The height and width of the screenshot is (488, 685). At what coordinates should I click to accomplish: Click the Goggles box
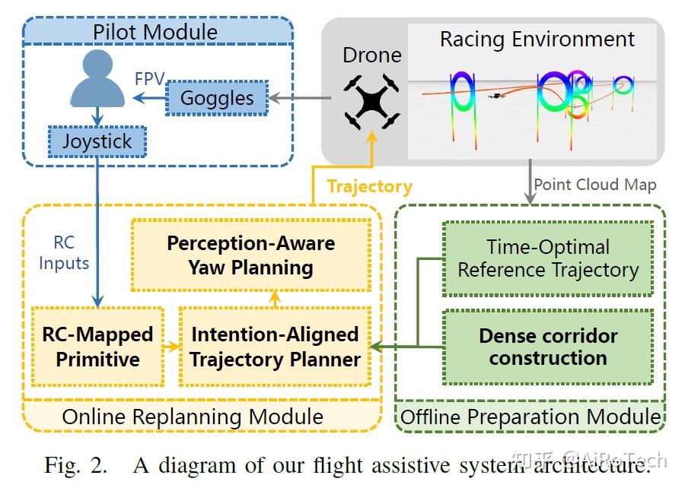(217, 99)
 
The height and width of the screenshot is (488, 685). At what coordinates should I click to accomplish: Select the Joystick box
(97, 142)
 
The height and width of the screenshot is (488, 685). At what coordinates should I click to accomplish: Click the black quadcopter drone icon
(371, 100)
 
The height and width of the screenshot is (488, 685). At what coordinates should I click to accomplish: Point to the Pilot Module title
(155, 32)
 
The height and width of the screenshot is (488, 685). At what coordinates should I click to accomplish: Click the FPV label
(150, 79)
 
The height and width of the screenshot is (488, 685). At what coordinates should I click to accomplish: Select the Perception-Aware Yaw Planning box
(250, 255)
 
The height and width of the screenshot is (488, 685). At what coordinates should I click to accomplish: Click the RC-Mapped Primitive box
(97, 347)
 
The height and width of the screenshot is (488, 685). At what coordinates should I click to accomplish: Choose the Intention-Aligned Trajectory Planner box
(275, 347)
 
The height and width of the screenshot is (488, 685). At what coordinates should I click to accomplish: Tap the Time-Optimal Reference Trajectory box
(548, 259)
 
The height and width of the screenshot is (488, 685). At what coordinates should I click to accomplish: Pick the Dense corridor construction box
(548, 347)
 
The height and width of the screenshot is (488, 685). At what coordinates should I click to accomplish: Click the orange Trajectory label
(369, 187)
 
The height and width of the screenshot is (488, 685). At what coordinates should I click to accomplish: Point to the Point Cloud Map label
(594, 185)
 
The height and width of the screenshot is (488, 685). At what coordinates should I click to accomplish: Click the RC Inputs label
(64, 253)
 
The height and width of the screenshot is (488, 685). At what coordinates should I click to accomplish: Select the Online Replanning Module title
(193, 417)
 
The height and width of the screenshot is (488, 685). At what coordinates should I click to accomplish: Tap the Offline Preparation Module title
(530, 417)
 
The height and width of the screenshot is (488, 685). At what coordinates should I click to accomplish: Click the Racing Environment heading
(537, 40)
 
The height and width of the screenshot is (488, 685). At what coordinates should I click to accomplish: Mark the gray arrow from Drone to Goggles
(300, 98)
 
